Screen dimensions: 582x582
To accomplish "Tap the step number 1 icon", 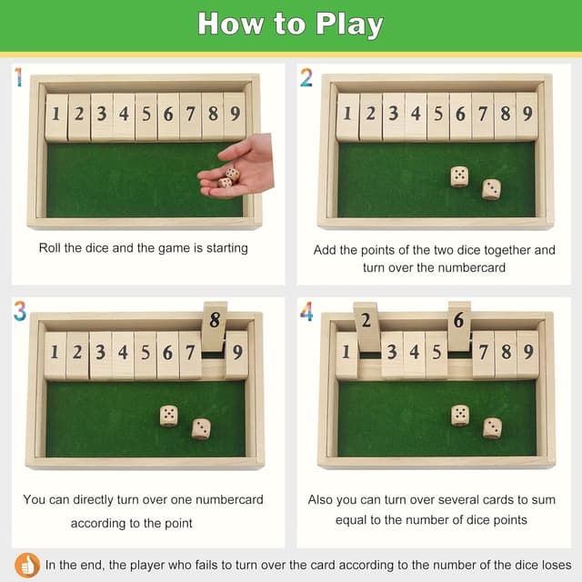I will tap(18, 78).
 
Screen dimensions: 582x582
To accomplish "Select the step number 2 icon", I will tap(306, 78).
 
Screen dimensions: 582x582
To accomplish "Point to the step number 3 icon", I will tap(19, 311).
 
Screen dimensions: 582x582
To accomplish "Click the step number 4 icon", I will tap(306, 311).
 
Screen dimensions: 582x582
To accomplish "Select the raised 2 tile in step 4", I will tap(366, 326).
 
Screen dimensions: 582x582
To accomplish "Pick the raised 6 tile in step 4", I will tap(459, 326).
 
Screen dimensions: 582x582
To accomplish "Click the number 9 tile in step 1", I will tap(235, 115).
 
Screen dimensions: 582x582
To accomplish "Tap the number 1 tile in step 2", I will tap(346, 115).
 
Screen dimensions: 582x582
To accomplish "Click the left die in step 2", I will tap(459, 176).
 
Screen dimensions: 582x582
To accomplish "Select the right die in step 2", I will tap(491, 188).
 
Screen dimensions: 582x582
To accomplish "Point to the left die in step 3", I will tap(169, 415).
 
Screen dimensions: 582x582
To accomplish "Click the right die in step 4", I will tap(492, 427).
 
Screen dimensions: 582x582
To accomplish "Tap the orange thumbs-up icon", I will tap(27, 565).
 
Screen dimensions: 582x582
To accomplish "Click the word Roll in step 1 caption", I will tap(52, 247).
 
